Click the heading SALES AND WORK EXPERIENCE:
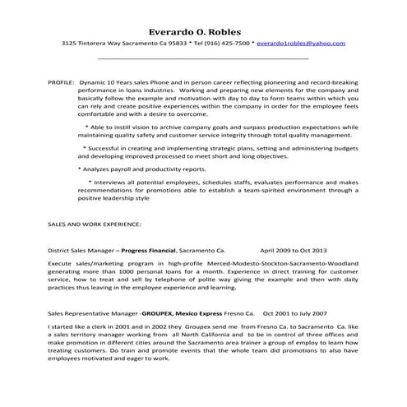(95, 223)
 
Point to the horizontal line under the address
(203, 59)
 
